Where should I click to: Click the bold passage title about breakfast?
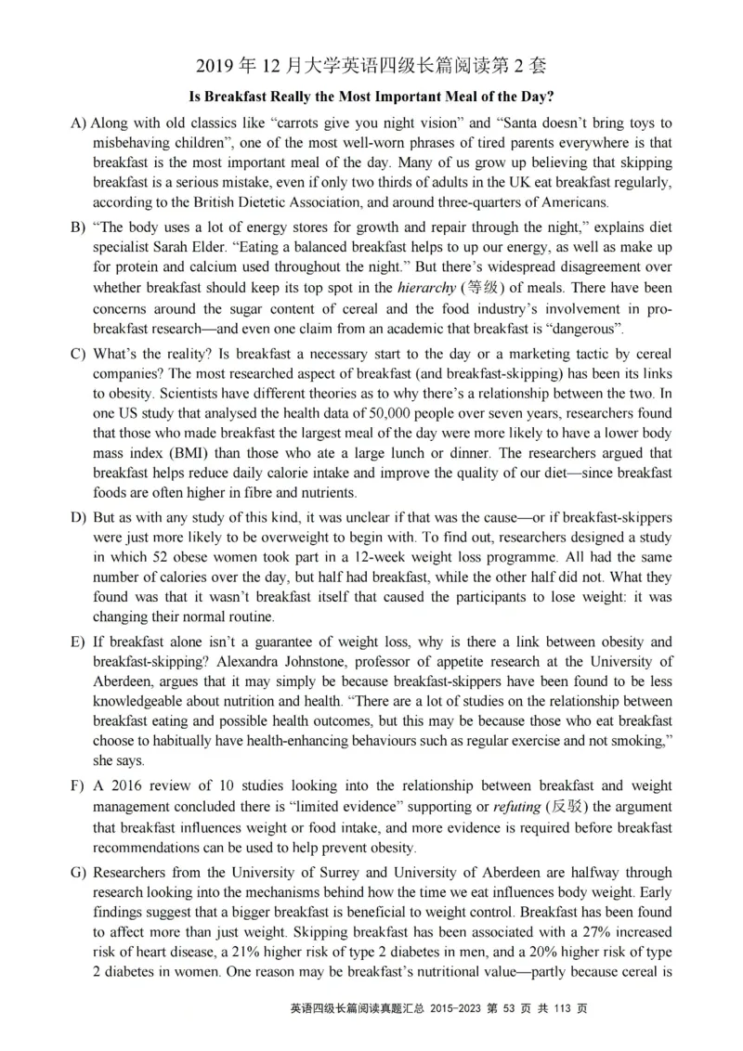(371, 96)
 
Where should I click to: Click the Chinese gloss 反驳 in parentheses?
(571, 807)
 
